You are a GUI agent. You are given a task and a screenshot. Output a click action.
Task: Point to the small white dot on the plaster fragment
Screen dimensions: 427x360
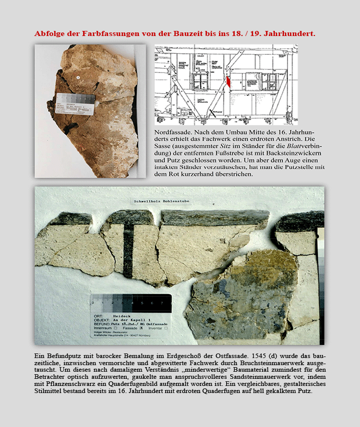(78, 78)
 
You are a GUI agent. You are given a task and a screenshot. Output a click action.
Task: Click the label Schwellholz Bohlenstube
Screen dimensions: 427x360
(161, 201)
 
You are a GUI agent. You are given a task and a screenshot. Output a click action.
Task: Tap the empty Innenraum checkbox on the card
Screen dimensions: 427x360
(115, 328)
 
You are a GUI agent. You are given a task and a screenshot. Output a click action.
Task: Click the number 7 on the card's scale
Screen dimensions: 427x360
(163, 303)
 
